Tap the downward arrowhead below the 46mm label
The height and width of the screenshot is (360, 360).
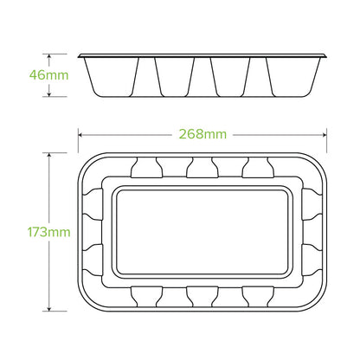click(48, 94)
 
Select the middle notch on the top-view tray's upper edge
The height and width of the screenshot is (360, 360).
click(202, 168)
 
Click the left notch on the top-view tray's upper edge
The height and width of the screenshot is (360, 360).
click(145, 168)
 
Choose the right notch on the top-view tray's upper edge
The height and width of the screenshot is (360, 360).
click(258, 168)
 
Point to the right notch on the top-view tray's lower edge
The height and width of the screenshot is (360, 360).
click(258, 296)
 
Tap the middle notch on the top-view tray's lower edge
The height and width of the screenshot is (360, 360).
click(202, 296)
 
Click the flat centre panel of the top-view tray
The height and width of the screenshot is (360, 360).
click(202, 232)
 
